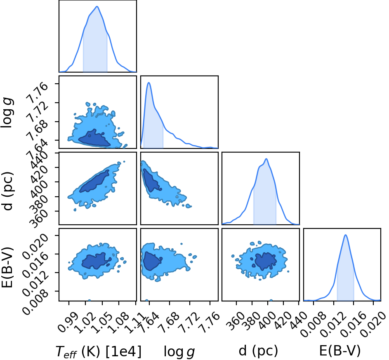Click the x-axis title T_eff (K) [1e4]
pyautogui.click(x=99, y=352)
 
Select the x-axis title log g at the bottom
pyautogui.click(x=179, y=352)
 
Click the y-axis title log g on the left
pyautogui.click(x=7, y=113)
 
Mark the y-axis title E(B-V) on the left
pyautogui.click(x=7, y=267)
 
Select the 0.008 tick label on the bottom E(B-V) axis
pyautogui.click(x=313, y=324)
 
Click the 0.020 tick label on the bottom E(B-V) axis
pyautogui.click(x=372, y=324)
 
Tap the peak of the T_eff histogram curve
pyautogui.click(x=97, y=7)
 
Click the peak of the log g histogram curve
pyautogui.click(x=149, y=82)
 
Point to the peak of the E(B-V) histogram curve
pyautogui.click(x=345, y=235)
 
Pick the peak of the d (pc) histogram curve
pyautogui.click(x=266, y=159)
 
